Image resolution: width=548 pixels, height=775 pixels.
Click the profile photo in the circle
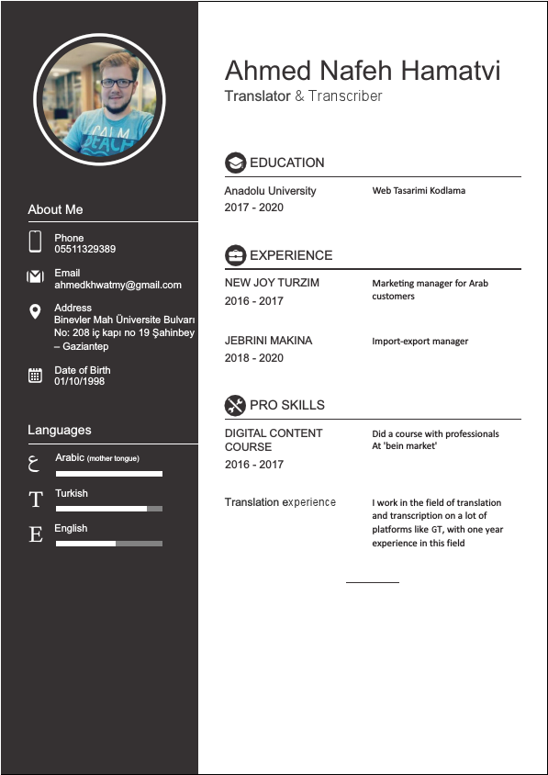click(x=99, y=99)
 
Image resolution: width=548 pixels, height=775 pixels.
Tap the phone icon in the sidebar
click(x=36, y=241)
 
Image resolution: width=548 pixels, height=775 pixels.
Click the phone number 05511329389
click(x=84, y=250)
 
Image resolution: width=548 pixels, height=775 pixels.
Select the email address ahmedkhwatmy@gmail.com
click(x=117, y=285)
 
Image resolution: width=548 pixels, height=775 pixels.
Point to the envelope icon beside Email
click(x=36, y=276)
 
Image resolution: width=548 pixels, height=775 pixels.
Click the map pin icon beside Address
click(x=36, y=312)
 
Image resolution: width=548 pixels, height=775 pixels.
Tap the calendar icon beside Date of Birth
click(x=36, y=375)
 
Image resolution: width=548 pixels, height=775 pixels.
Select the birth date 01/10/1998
click(x=79, y=381)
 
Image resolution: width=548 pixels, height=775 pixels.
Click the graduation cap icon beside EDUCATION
click(x=235, y=163)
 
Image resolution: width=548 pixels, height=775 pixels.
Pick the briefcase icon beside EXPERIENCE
click(x=235, y=255)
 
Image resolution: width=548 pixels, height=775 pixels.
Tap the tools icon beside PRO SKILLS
click(x=235, y=405)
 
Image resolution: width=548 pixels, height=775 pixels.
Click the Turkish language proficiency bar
click(x=108, y=509)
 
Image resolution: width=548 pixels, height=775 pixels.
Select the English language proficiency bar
click(x=108, y=544)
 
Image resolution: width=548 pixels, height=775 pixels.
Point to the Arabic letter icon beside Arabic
click(x=36, y=464)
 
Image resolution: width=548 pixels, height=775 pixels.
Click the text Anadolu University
click(x=270, y=191)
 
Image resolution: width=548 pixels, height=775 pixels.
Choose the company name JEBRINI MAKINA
click(x=268, y=341)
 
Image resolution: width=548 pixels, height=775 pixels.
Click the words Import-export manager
click(x=419, y=342)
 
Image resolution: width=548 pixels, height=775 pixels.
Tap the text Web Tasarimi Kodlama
click(x=419, y=191)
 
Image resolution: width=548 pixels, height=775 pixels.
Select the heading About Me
click(x=55, y=209)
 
